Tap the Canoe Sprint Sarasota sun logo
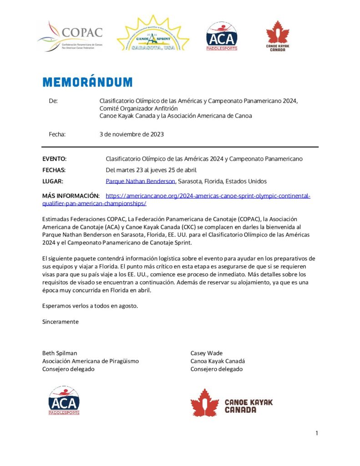[153, 34]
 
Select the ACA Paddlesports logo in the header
[221, 36]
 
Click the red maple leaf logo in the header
[277, 36]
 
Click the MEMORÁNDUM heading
[87, 82]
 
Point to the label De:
[53, 101]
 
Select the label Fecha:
[57, 134]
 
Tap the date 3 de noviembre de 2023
[132, 134]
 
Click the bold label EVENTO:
[54, 159]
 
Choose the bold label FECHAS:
[54, 170]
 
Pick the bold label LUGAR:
[52, 181]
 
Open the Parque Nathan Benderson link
[141, 181]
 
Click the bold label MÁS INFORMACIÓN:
[71, 196]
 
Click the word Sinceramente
[60, 322]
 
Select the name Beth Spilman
[60, 353]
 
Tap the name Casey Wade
[207, 353]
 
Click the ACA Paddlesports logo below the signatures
[64, 400]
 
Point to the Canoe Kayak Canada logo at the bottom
[231, 403]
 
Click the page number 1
[317, 433]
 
